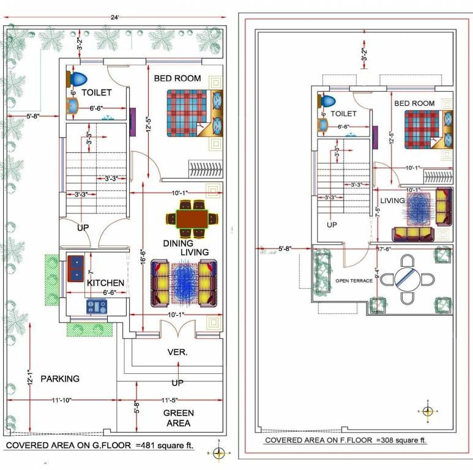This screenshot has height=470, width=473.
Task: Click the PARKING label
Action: tap(60, 379)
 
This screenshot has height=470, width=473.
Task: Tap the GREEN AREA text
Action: tap(178, 418)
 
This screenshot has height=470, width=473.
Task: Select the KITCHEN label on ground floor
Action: tap(105, 283)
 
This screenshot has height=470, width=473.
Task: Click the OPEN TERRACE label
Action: tap(353, 281)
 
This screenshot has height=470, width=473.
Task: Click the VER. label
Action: tap(177, 352)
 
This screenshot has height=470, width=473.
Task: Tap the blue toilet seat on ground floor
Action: tap(78, 79)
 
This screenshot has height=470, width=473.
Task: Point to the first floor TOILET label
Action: tap(343, 113)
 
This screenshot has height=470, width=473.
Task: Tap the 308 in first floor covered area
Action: tap(386, 440)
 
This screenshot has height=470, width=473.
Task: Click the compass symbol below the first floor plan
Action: tap(428, 411)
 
